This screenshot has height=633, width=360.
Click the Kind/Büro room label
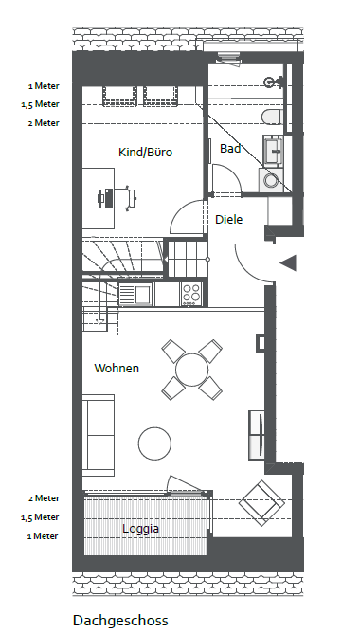tap(145, 153)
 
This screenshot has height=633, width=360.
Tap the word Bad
tap(230, 149)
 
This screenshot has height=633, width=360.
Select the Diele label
tap(229, 220)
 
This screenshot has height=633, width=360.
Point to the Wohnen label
tap(117, 369)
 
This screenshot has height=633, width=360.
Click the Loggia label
tap(140, 529)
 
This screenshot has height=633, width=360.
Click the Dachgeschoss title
tap(120, 620)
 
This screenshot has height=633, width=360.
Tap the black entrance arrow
tap(288, 262)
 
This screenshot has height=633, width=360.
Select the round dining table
tap(191, 370)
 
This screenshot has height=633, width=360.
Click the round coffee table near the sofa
tap(154, 443)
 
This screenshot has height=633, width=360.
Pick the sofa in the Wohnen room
tap(99, 435)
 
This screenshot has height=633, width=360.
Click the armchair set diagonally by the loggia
tap(261, 503)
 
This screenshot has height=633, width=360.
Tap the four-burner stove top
tap(191, 294)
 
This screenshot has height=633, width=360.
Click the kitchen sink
tap(135, 295)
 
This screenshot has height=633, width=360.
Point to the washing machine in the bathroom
tap(270, 180)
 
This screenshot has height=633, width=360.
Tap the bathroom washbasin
tap(273, 151)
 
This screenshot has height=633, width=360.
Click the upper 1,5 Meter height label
tap(41, 104)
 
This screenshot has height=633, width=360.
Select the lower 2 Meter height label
tap(44, 498)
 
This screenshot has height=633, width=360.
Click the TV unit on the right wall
tap(257, 435)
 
